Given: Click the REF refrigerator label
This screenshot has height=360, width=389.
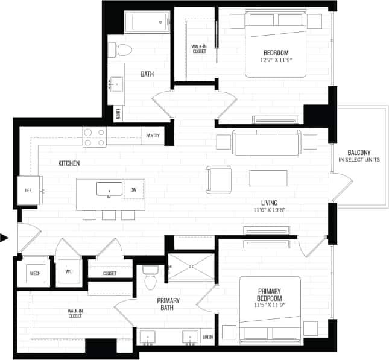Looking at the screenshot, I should (28, 191).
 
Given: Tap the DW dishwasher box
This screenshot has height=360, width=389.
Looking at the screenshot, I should (133, 189).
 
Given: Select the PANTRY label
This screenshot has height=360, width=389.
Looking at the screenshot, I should (153, 136).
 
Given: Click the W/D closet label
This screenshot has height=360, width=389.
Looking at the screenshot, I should (69, 272).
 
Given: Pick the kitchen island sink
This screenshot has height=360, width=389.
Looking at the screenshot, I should (109, 189).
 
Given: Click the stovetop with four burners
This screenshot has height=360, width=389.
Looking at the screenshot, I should (94, 137).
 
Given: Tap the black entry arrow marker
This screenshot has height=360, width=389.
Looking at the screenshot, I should (5, 238).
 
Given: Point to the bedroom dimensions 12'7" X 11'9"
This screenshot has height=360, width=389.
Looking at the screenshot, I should (276, 60).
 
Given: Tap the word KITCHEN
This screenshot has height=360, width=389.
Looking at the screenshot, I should (69, 163).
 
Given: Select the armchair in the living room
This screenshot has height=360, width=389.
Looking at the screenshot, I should (218, 179).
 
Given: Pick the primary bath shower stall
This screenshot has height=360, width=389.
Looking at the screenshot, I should (190, 266).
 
